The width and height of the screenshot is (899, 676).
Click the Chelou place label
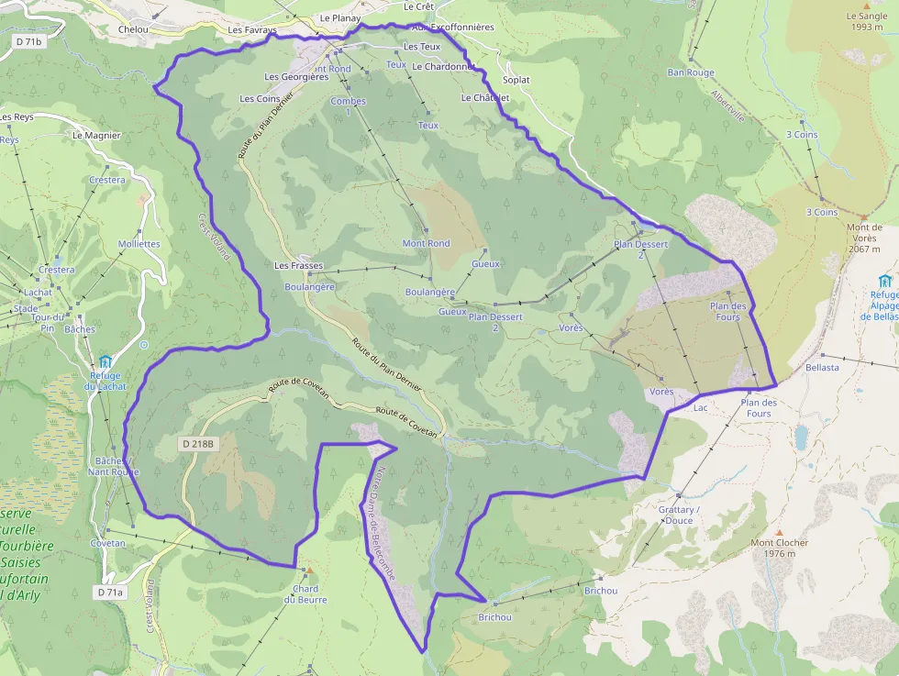point(134,29)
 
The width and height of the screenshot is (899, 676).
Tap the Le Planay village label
point(340,17)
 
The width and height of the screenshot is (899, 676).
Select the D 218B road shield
point(197,444)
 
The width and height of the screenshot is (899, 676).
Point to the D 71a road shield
point(109,593)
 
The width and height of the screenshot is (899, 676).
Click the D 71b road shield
point(30,42)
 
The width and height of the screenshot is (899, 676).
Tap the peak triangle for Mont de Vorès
point(864,217)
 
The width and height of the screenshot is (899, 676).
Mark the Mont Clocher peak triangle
point(780,532)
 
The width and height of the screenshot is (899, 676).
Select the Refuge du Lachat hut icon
point(105,361)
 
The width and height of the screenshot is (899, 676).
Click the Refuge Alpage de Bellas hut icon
point(884,281)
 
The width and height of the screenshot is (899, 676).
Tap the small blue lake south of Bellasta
point(802,436)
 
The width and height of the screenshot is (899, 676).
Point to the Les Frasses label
point(299,265)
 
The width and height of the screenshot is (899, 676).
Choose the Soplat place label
point(516,80)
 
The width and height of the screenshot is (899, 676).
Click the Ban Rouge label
point(691,72)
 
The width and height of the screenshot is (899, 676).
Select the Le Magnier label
point(96,135)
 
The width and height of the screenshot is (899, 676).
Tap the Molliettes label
point(139,244)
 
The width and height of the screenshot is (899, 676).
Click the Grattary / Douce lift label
point(679,515)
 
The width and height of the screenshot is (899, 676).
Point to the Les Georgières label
point(295,77)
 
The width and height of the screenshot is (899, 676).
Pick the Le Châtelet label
point(485,97)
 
